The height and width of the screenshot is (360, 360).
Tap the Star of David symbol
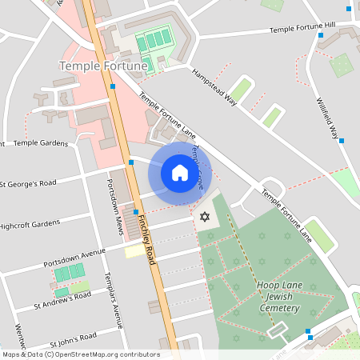[204, 217]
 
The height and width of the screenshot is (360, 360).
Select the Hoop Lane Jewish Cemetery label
[280, 298]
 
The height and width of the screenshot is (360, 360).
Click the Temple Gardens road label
[40, 142]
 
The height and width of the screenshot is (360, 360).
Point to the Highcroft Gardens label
[30, 225]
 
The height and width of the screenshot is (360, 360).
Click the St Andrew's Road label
[62, 298]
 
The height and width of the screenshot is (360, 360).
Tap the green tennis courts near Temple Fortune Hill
[153, 40]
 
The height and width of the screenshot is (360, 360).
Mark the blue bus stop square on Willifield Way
[342, 141]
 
